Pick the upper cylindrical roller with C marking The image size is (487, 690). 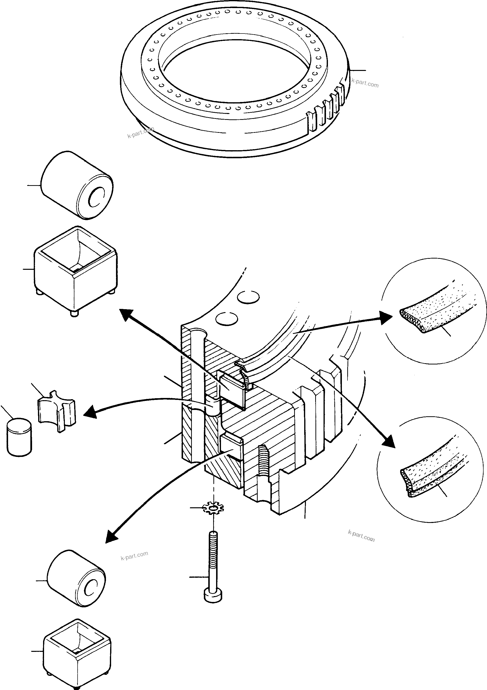point(77,185)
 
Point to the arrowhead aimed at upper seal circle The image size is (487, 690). point(386,318)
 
